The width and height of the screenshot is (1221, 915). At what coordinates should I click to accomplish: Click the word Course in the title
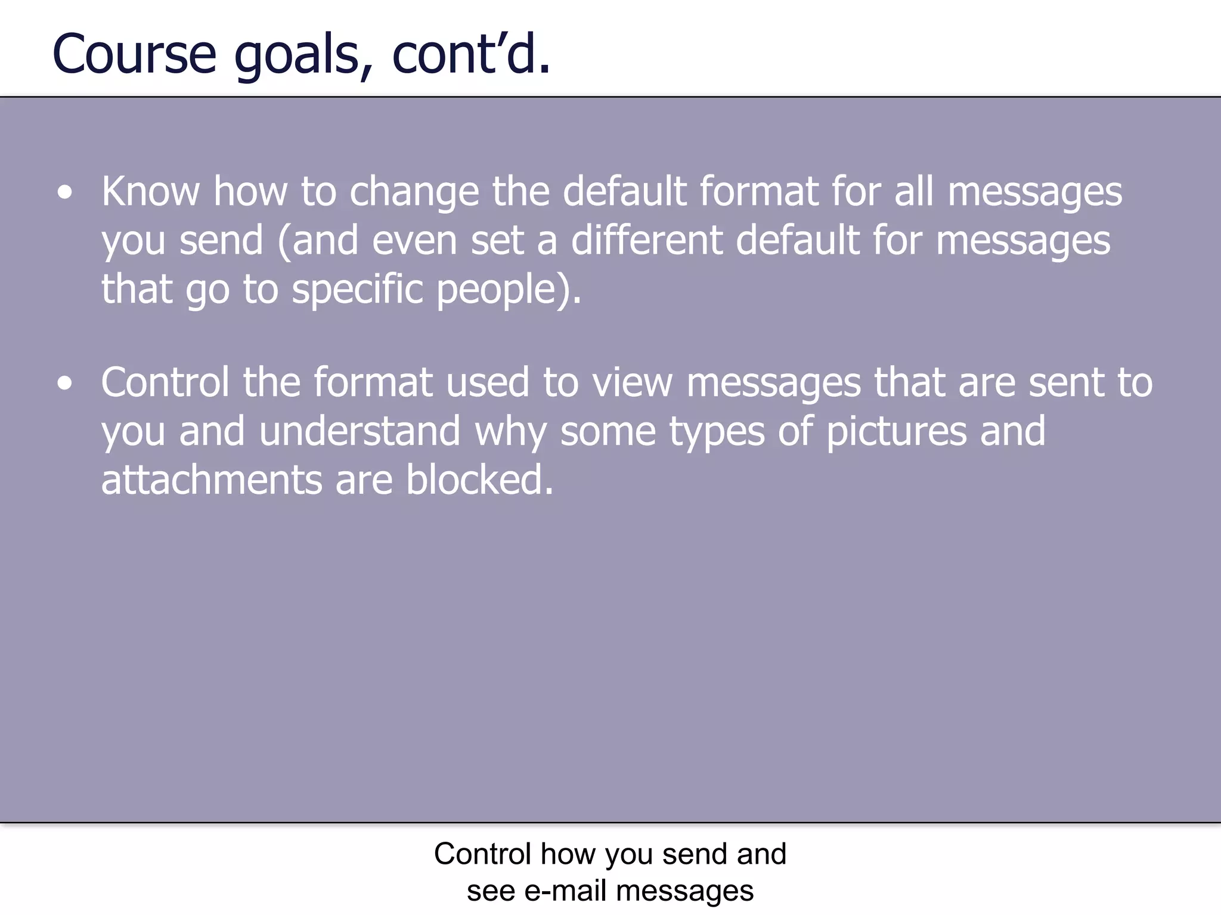(134, 55)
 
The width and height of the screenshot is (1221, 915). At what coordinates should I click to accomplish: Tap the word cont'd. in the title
(471, 55)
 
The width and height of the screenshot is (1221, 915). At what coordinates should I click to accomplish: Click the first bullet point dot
(65, 193)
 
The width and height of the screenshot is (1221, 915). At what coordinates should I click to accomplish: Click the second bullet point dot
(65, 384)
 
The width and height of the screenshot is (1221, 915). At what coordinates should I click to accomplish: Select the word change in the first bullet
(414, 193)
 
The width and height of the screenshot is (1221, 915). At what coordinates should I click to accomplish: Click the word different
(646, 241)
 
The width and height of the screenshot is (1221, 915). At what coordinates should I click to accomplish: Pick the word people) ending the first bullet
(508, 290)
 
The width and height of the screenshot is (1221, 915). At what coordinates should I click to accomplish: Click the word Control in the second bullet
(165, 382)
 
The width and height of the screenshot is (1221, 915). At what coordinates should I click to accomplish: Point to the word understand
(360, 431)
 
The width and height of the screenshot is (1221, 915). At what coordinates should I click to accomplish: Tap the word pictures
(896, 431)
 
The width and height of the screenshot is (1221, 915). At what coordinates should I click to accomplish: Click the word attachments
(212, 480)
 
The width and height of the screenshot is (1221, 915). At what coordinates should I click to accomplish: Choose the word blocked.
(479, 480)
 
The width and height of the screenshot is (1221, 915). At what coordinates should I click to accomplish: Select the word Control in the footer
(482, 854)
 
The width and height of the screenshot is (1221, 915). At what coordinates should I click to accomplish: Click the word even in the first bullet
(415, 241)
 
